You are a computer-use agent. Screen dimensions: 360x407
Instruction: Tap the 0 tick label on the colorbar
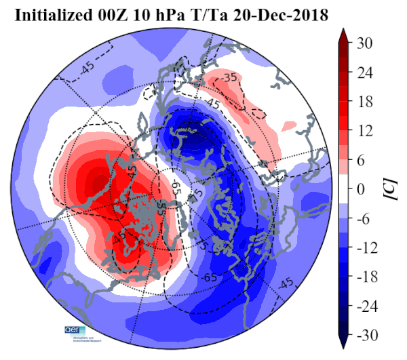tap(361, 188)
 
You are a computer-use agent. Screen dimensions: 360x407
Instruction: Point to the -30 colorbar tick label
tap(367, 335)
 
